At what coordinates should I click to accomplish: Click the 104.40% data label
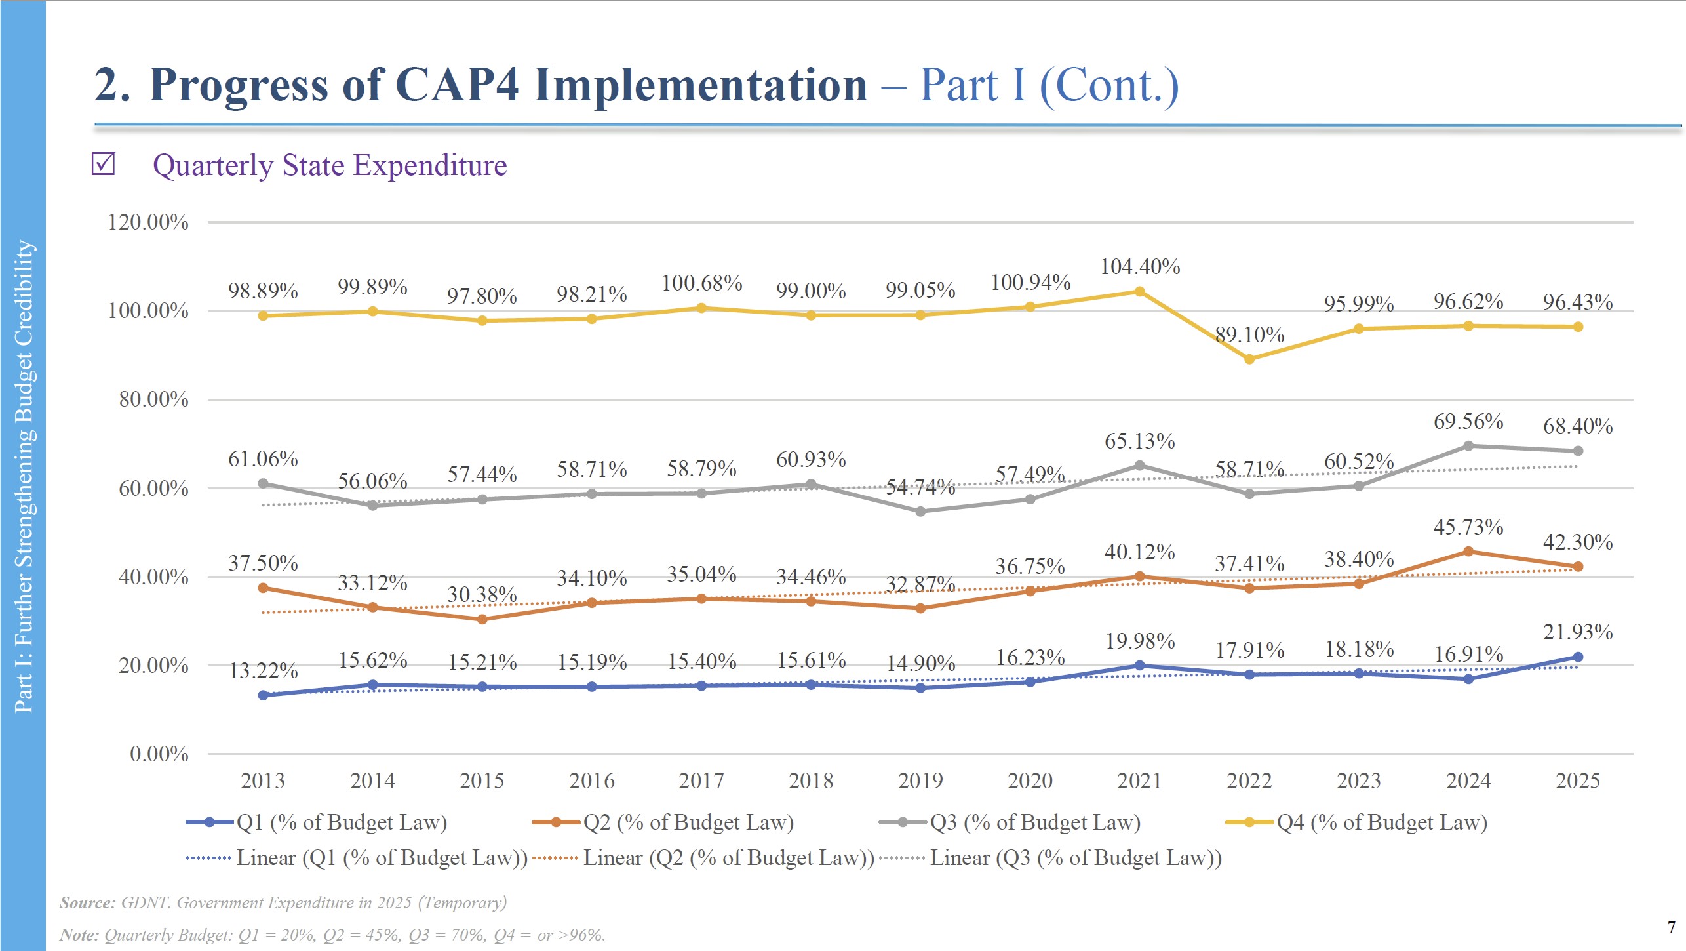click(1140, 267)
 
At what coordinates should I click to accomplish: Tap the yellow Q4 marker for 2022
click(1249, 359)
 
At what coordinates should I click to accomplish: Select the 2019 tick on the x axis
click(920, 780)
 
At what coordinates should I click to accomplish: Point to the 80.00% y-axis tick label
click(153, 399)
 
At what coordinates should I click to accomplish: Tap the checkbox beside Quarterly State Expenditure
click(104, 164)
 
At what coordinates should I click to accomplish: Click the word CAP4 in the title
click(457, 85)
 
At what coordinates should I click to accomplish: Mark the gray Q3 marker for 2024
click(1468, 446)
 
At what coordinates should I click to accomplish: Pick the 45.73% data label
click(1468, 527)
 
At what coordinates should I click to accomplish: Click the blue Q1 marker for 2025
click(1578, 657)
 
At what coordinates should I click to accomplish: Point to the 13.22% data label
click(264, 671)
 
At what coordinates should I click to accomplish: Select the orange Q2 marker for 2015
click(482, 619)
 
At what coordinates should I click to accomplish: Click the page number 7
click(1671, 927)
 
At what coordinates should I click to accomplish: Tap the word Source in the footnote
click(87, 903)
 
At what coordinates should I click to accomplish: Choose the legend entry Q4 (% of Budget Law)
click(1381, 822)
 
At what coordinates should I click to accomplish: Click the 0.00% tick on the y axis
click(159, 754)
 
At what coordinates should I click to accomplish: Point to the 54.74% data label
click(920, 487)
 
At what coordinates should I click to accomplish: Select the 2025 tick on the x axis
click(1578, 780)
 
